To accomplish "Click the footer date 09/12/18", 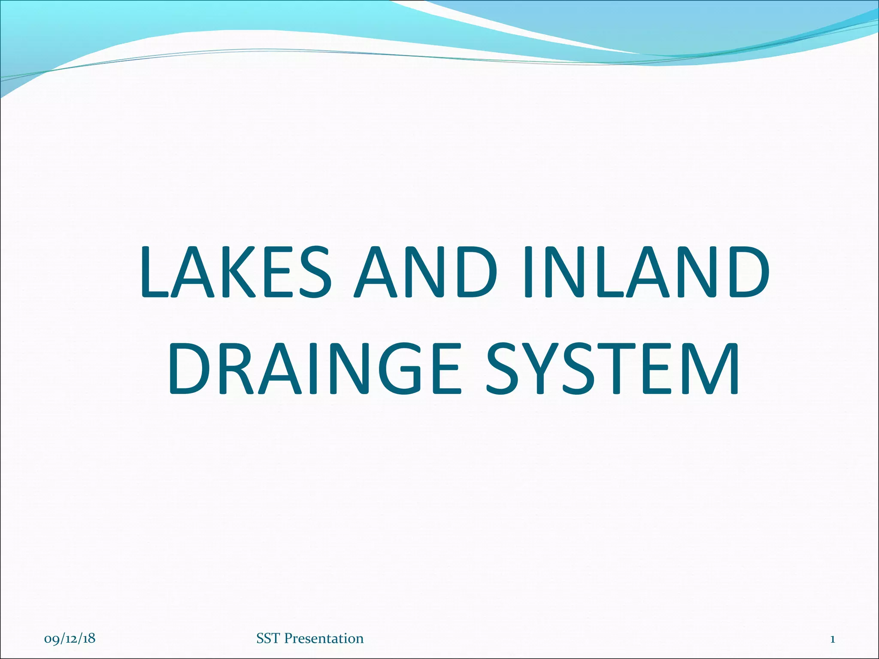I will coord(70,638).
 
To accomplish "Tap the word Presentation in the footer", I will coord(324,638).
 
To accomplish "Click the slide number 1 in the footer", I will coord(832,639).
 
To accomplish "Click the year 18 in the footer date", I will coord(89,638).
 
